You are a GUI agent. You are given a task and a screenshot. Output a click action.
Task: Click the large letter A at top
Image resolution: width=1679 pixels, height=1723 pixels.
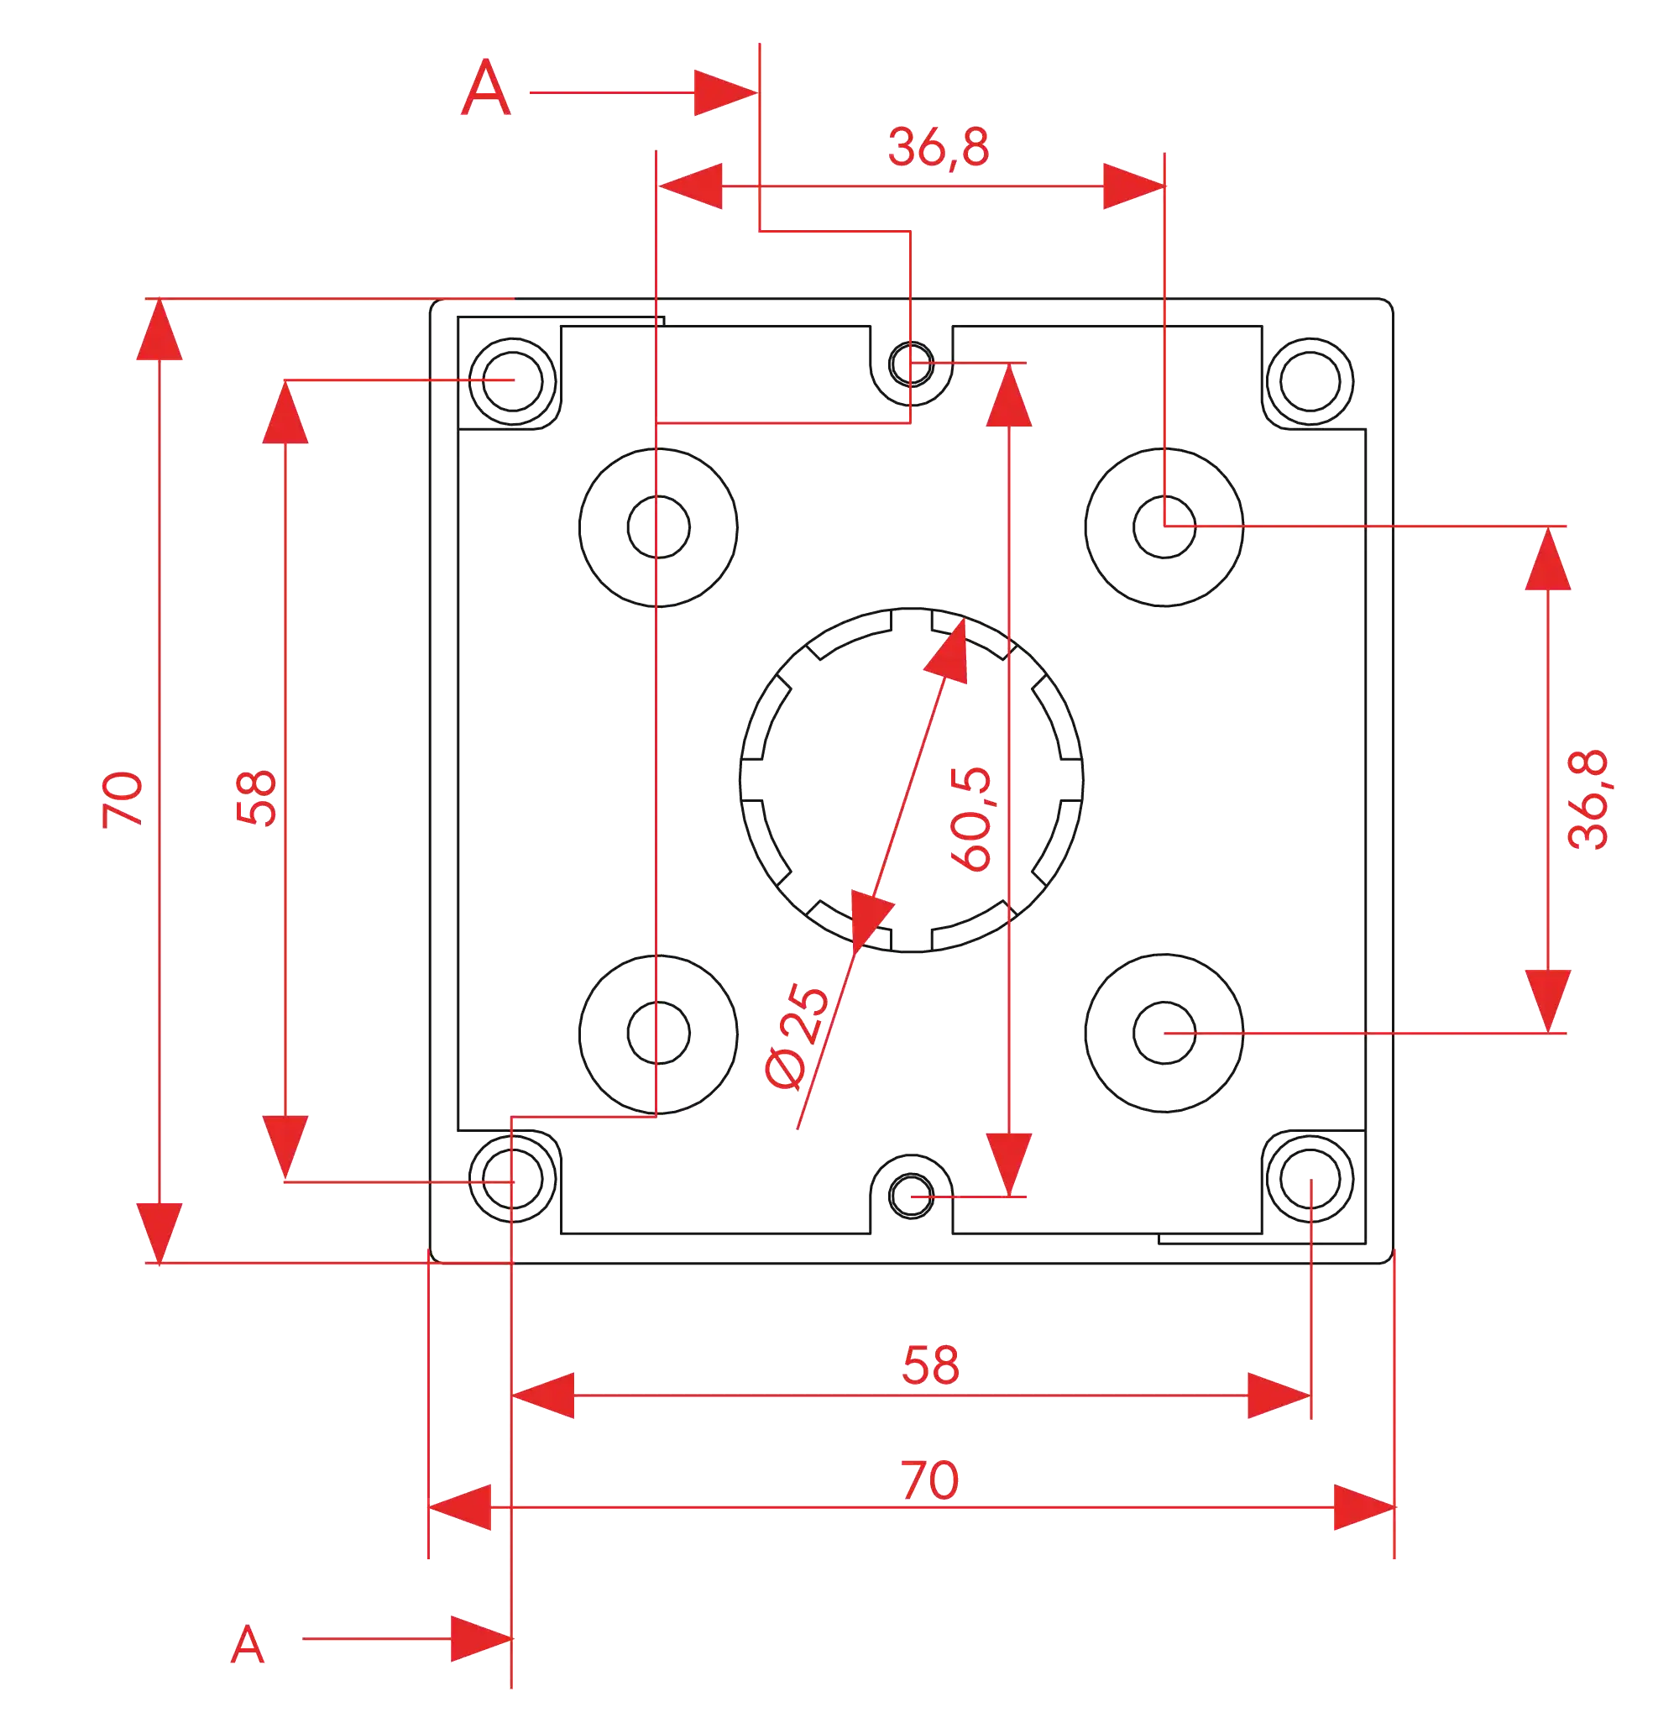click(486, 88)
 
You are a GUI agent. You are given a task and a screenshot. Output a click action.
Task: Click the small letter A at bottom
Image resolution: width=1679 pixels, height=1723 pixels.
click(248, 1645)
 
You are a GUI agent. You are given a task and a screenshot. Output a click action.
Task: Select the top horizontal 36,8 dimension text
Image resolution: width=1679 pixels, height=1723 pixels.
click(939, 147)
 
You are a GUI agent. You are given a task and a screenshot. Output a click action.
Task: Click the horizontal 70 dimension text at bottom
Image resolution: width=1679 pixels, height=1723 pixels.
click(929, 1480)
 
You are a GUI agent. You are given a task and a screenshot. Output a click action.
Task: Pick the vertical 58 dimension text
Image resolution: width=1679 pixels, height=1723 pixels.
click(257, 798)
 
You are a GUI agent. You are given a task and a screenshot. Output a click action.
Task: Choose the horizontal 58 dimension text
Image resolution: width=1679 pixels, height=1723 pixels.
click(930, 1365)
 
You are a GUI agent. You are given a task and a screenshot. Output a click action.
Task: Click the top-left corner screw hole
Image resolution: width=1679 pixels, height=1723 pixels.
click(513, 380)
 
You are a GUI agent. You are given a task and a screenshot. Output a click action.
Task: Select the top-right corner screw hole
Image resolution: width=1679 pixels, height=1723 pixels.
click(1310, 379)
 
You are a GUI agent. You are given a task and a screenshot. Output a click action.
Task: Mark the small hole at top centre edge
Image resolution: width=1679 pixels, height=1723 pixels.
click(911, 363)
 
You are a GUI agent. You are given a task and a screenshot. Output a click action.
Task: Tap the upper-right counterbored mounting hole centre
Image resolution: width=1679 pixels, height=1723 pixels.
click(1165, 526)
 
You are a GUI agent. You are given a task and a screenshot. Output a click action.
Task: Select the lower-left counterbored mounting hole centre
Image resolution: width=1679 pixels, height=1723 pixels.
click(658, 1031)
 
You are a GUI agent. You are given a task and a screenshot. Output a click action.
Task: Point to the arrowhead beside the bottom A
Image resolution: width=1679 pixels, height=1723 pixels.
click(480, 1638)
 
